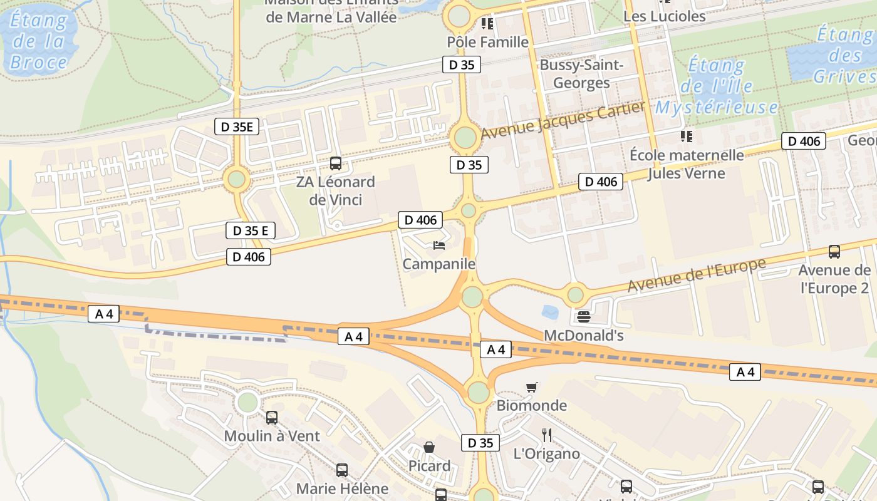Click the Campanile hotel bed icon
439,245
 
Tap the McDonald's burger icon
584,317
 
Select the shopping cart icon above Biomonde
532,387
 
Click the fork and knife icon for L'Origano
547,435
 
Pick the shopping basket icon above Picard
429,447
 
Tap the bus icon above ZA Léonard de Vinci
336,163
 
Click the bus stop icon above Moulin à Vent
271,417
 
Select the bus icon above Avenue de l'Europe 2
834,252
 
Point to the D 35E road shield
237,127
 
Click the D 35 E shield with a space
250,230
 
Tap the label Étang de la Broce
39,41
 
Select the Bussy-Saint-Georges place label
581,74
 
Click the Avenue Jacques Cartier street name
563,120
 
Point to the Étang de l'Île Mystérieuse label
717,86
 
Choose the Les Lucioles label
665,16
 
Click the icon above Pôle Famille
487,24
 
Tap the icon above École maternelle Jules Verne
687,136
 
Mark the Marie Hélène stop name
342,488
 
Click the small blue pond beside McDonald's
551,312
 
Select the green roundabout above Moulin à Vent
247,401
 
